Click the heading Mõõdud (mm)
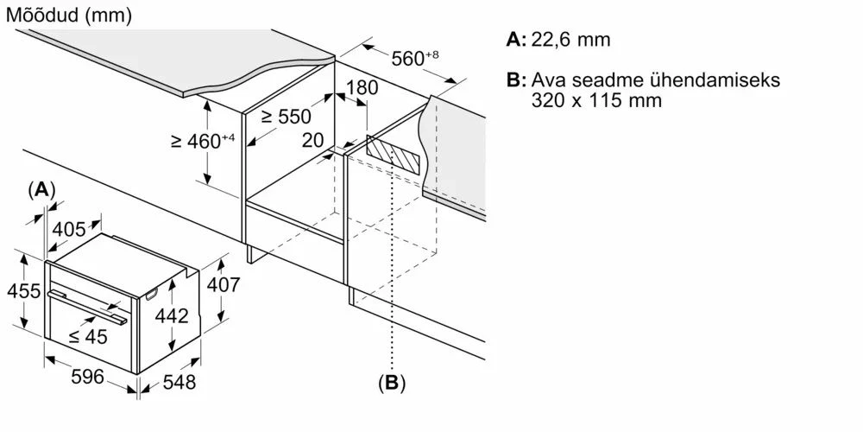70,16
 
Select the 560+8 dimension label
415,59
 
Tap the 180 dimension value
362,87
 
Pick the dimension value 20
313,139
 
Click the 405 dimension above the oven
69,229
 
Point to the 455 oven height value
23,290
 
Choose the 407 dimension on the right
224,284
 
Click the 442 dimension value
171,316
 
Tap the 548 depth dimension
180,381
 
